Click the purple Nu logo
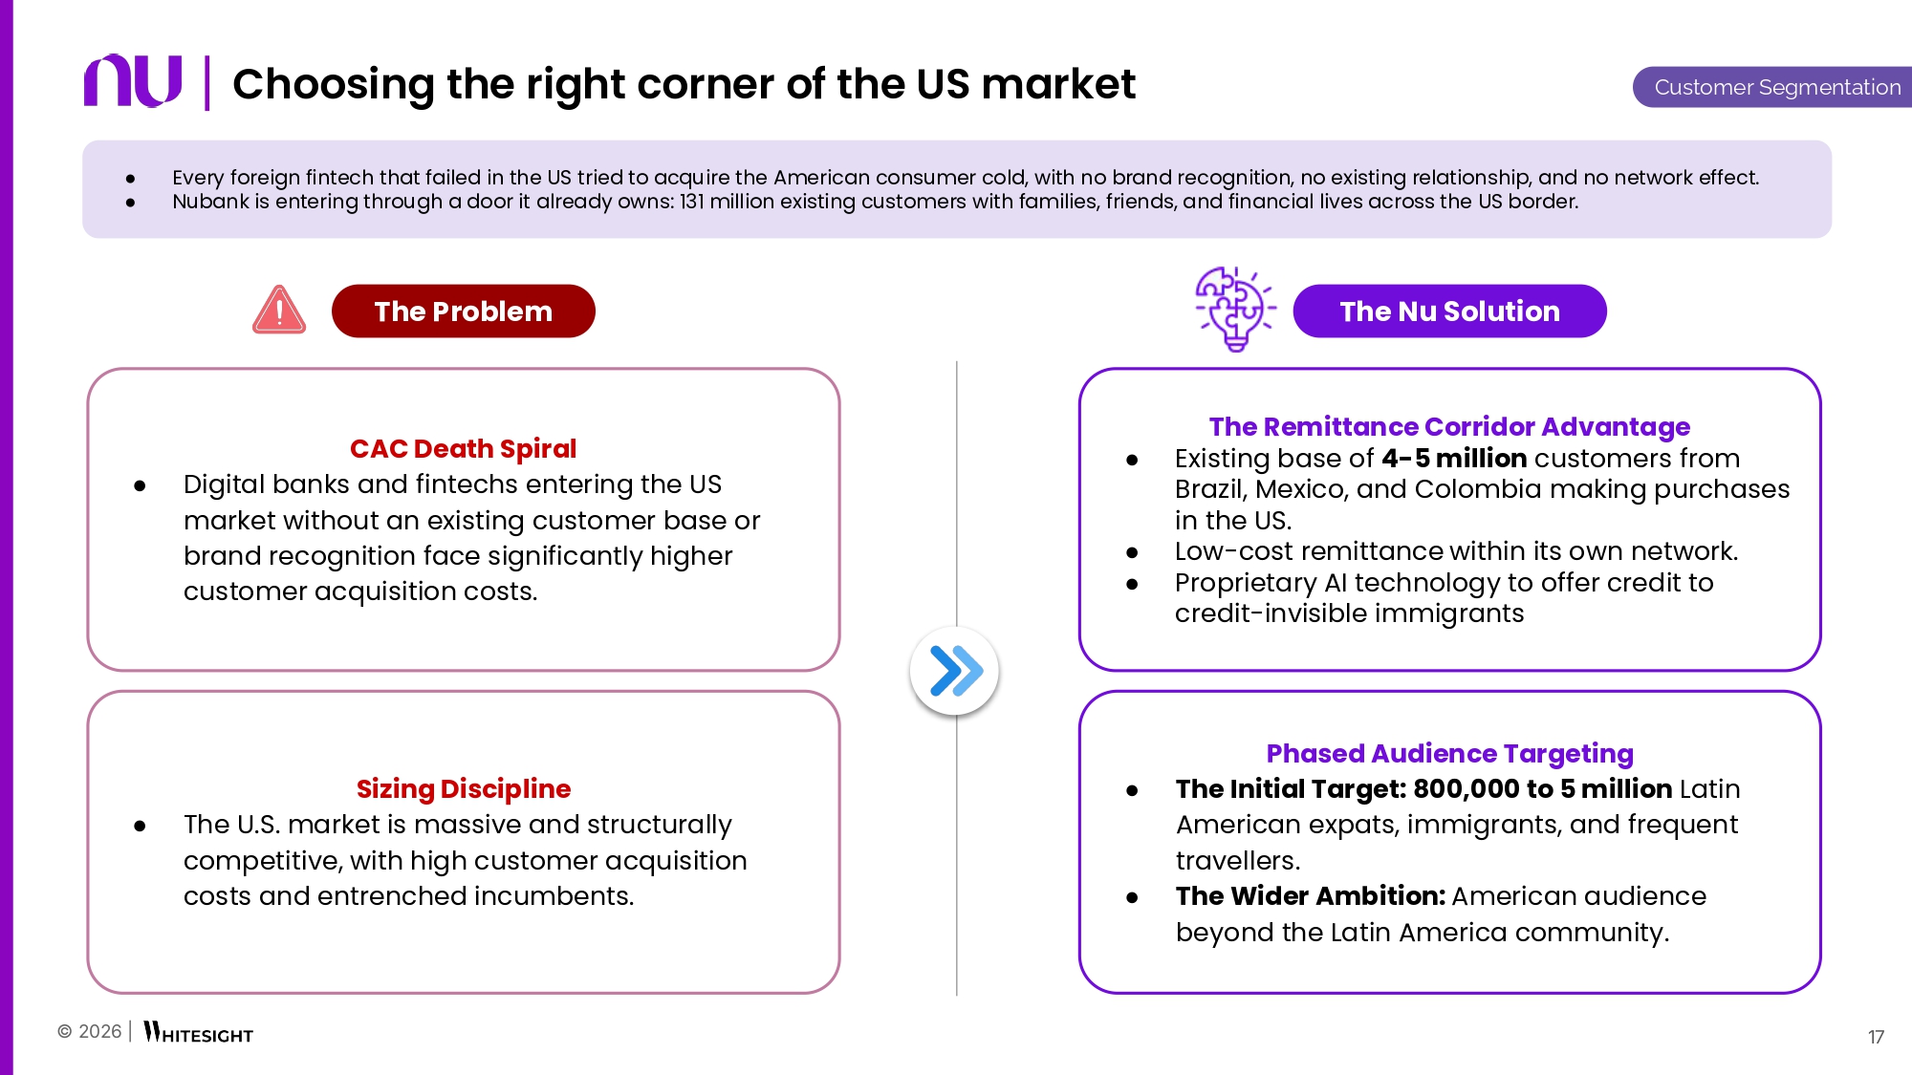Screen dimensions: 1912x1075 click(133, 80)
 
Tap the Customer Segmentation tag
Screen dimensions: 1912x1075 click(1772, 87)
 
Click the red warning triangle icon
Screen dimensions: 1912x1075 click(279, 310)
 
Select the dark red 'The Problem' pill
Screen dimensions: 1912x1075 click(464, 311)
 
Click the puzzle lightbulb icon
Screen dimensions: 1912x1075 click(1235, 309)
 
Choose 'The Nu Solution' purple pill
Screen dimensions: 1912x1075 click(1449, 311)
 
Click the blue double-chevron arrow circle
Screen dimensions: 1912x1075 click(955, 670)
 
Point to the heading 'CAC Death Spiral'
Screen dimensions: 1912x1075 click(463, 448)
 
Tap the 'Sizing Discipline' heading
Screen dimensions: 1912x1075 click(464, 788)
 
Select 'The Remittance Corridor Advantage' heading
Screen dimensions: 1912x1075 click(1449, 426)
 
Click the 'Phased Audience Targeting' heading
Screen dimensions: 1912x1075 click(1449, 753)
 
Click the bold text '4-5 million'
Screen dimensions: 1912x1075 click(1454, 458)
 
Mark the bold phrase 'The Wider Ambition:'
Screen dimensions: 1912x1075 click(1311, 895)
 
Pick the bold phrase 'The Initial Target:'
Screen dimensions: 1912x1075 click(1292, 788)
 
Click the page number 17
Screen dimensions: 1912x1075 click(1876, 1037)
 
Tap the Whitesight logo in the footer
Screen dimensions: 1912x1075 click(198, 1033)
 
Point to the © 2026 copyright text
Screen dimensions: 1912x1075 click(90, 1031)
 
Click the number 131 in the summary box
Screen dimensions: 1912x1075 click(692, 202)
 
